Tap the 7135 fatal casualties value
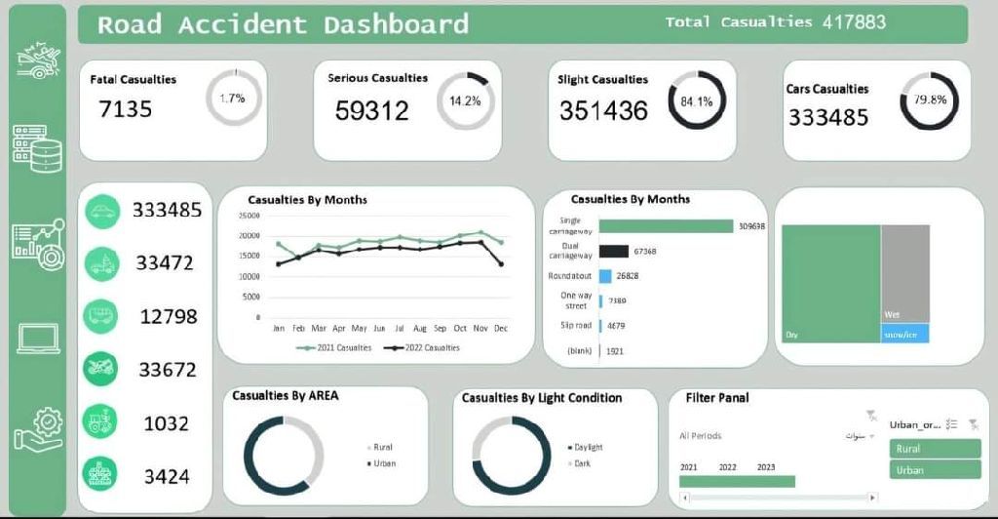point(126,108)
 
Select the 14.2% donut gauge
point(465,100)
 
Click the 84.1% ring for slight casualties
point(696,100)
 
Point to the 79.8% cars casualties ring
point(929,100)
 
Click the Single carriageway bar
point(666,225)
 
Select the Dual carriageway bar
point(614,251)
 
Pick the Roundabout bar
point(605,276)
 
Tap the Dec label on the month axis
point(501,328)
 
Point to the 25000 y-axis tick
point(249,216)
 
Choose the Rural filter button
point(934,449)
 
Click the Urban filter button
point(934,470)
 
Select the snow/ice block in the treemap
point(904,334)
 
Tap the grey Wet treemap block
point(904,273)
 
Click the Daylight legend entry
point(588,447)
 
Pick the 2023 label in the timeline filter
point(766,467)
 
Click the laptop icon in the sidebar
point(39,339)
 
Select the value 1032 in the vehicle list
point(167,423)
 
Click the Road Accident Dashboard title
point(283,24)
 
